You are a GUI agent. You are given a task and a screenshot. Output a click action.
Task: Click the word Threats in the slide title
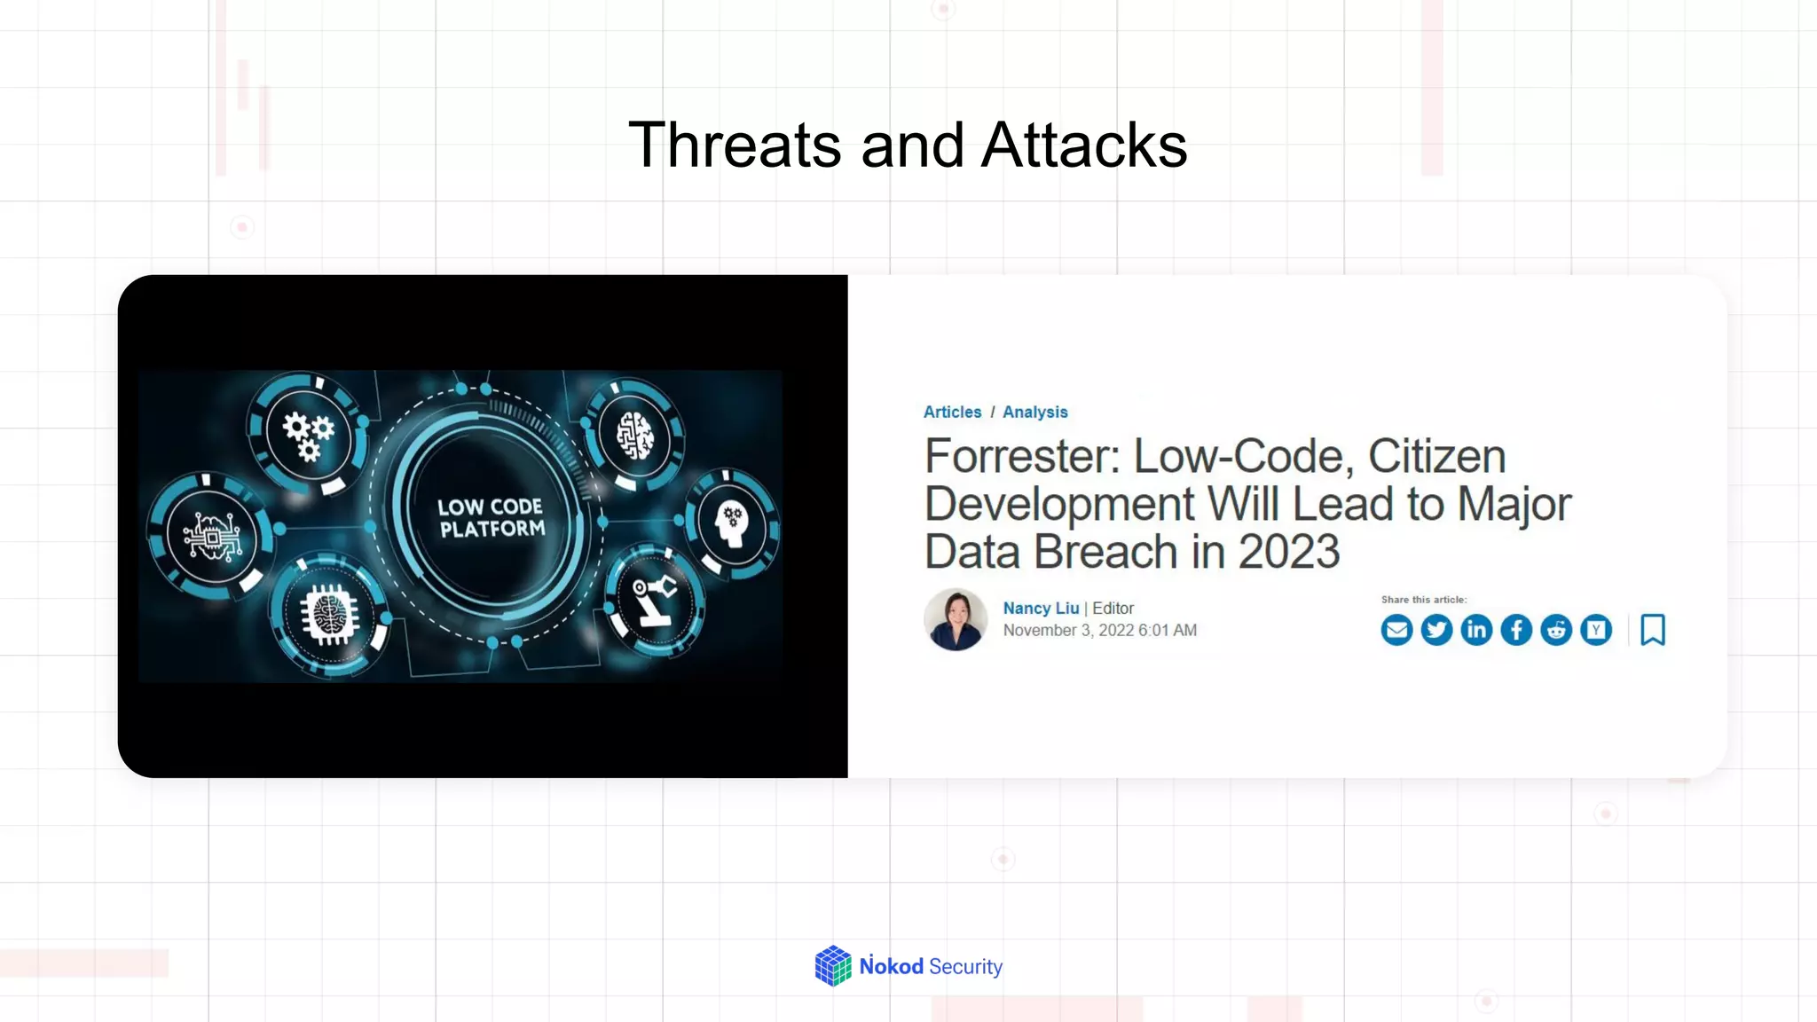(x=735, y=145)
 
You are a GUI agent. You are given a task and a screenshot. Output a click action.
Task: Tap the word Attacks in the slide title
(x=1084, y=145)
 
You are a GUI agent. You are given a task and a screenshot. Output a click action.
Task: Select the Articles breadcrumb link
(x=952, y=413)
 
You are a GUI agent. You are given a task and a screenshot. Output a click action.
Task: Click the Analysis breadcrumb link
(x=1034, y=413)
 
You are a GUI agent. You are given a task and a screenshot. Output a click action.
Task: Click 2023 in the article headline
(x=1288, y=552)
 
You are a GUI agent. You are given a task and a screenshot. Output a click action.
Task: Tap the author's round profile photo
(x=956, y=619)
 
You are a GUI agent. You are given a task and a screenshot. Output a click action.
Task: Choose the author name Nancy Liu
(x=1041, y=609)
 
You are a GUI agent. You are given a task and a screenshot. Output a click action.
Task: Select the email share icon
(x=1396, y=630)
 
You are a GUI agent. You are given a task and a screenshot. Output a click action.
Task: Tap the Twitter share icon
(x=1436, y=630)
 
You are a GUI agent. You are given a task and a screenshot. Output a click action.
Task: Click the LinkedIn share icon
(x=1476, y=630)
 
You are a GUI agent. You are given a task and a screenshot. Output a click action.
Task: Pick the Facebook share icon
(x=1516, y=630)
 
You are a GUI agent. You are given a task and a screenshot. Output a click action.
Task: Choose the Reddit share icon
(x=1556, y=630)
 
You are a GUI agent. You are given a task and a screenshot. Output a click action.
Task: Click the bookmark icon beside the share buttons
(x=1653, y=630)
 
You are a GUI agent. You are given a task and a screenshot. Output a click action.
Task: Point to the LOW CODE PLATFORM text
(x=492, y=518)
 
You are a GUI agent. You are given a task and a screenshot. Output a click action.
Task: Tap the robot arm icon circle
(x=655, y=601)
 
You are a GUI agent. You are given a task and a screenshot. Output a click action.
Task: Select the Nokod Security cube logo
(x=833, y=966)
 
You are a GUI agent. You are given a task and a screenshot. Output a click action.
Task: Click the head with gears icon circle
(x=732, y=523)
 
